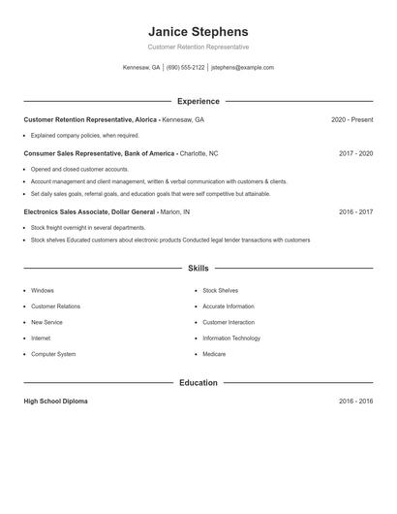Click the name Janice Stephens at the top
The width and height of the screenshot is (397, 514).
click(198, 31)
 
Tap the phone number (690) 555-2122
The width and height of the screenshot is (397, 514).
click(185, 68)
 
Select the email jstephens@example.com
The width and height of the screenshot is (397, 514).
click(242, 68)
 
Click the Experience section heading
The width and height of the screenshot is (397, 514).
click(198, 101)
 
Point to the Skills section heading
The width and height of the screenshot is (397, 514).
click(198, 268)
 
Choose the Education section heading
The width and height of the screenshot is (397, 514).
click(198, 383)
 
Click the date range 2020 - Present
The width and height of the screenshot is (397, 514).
click(351, 119)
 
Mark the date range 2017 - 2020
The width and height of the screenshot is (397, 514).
click(355, 153)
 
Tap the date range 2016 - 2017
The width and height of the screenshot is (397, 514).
click(355, 211)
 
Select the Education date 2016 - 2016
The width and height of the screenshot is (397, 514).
click(355, 402)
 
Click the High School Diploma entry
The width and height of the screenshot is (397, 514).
click(55, 402)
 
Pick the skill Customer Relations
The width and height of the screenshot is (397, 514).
click(55, 306)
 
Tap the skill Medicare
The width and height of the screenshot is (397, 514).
click(214, 354)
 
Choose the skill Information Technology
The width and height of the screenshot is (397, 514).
click(231, 338)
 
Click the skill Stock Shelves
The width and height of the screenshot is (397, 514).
click(220, 291)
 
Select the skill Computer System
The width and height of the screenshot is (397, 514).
click(53, 354)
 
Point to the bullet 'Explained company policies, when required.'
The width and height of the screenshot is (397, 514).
click(85, 136)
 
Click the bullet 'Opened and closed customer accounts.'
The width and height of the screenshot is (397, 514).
click(79, 170)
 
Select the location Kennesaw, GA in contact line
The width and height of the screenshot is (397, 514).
click(141, 68)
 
